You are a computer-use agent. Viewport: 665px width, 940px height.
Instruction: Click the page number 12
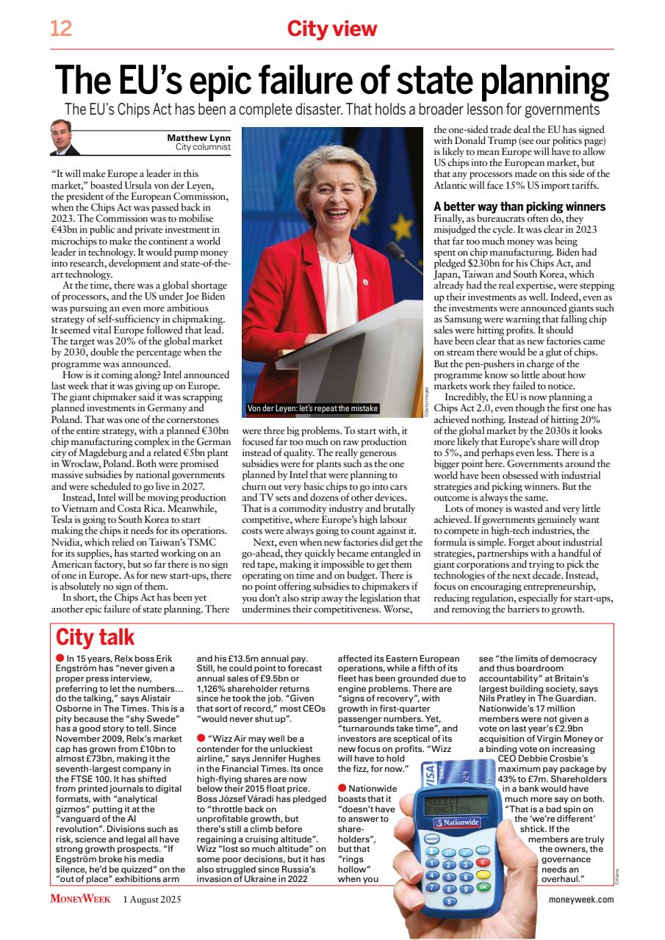pyautogui.click(x=60, y=29)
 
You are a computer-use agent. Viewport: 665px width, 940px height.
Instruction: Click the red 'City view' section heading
pyautogui.click(x=331, y=29)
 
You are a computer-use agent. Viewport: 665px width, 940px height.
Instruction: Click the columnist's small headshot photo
pyautogui.click(x=65, y=137)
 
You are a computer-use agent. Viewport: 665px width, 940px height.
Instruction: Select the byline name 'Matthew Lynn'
pyautogui.click(x=199, y=137)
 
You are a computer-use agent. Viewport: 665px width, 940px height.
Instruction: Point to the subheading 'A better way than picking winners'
pyautogui.click(x=520, y=206)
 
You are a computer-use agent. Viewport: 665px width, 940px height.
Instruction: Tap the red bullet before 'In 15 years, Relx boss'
pyautogui.click(x=60, y=658)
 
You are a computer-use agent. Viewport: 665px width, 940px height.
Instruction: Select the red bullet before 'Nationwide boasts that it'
pyautogui.click(x=342, y=787)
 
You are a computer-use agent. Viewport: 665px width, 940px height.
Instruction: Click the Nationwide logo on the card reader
pyautogui.click(x=456, y=822)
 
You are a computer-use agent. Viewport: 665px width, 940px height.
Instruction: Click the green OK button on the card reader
pyautogui.click(x=482, y=886)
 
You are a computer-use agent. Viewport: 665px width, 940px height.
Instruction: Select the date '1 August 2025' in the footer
pyautogui.click(x=151, y=899)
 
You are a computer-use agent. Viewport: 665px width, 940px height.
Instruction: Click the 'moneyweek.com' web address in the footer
pyautogui.click(x=580, y=899)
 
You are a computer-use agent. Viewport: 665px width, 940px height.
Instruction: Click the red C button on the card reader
pyautogui.click(x=483, y=861)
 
